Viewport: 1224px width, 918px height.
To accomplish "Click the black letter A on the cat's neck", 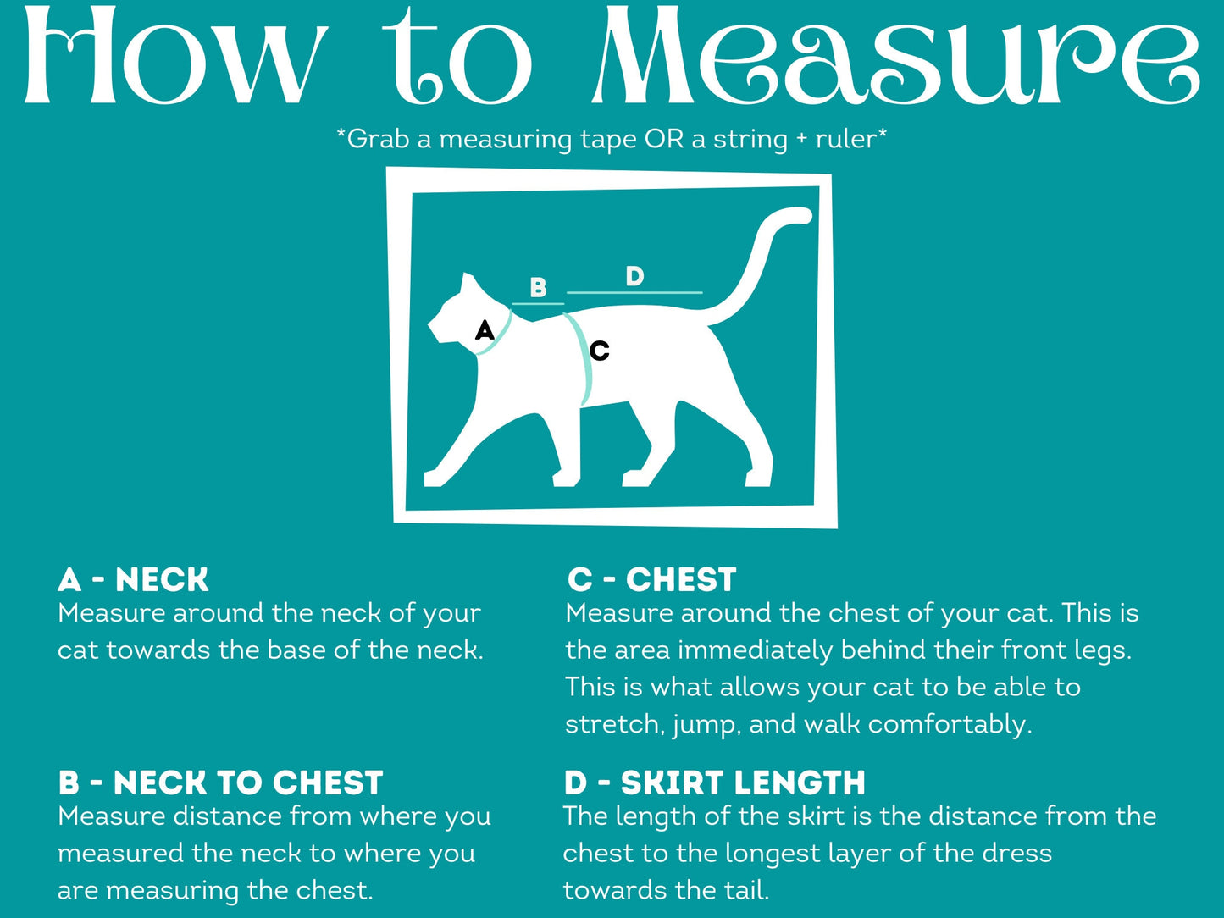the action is [x=485, y=329].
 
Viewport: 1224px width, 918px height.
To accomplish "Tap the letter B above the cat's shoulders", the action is [x=538, y=288].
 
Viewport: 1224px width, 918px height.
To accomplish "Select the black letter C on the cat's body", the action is [x=600, y=351].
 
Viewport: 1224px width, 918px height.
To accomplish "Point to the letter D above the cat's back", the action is [x=634, y=276].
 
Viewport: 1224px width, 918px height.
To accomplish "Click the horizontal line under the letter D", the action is [x=634, y=292].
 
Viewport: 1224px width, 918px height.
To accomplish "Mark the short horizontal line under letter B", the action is [x=538, y=304].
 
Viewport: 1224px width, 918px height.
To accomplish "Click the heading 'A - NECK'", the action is [x=133, y=579].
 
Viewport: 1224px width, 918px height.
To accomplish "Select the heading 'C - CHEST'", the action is [x=651, y=579].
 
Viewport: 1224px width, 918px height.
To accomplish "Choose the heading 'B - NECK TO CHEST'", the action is [x=220, y=783].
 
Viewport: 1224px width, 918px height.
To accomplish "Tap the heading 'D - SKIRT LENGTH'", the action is [x=714, y=783].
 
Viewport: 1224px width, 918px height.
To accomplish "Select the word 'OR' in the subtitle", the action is [x=664, y=139].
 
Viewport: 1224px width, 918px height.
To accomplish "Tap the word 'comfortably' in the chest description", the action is [x=950, y=725].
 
